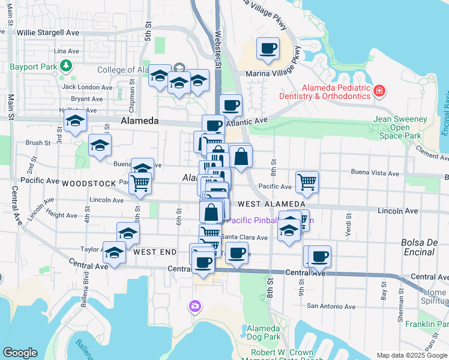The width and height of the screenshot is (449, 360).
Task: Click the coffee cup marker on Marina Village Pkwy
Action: (268, 49)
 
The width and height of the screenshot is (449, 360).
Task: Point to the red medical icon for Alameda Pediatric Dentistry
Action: (379, 92)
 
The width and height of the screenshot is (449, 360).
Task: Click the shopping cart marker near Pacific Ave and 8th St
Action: (307, 181)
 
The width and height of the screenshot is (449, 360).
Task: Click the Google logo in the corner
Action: (20, 353)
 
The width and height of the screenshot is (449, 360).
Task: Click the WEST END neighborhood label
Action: (155, 253)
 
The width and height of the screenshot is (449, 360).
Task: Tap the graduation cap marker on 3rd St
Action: (75, 120)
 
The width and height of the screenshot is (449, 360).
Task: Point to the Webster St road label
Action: (218, 48)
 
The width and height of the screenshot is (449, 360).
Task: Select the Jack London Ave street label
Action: (87, 87)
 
